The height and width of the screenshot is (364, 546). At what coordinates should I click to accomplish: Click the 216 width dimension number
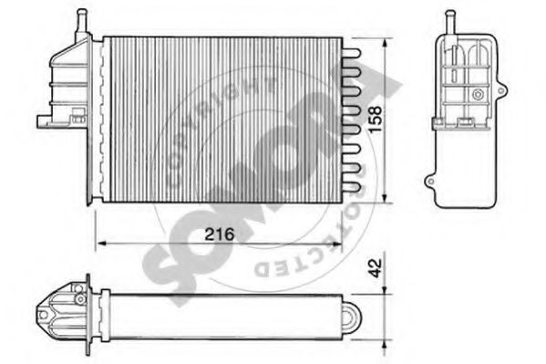220,234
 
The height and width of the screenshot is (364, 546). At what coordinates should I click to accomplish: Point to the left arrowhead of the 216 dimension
100,243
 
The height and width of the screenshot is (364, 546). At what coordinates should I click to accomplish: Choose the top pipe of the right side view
448,21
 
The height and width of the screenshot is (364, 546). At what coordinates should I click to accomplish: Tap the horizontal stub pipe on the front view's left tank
45,120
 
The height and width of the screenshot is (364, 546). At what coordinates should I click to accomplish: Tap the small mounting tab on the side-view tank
429,182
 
